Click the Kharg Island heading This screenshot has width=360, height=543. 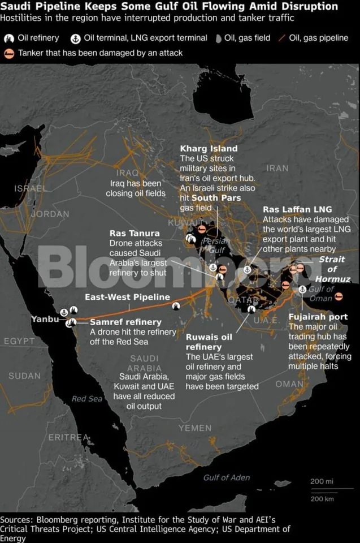coord(209,148)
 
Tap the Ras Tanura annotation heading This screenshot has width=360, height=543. coord(135,233)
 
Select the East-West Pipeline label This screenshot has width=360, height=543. coord(127,297)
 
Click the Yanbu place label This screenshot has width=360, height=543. coord(45,320)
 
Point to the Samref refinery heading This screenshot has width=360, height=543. coord(118,322)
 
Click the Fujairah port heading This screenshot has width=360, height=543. coord(318,317)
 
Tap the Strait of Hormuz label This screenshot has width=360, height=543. coord(333,269)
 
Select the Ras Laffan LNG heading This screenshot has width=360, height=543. coord(297,209)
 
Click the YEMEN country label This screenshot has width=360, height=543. coord(195,428)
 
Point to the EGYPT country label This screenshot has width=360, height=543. coord(19,341)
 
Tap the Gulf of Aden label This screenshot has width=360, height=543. coord(227,477)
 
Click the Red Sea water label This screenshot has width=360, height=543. coord(87,399)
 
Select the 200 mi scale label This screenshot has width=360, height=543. coord(322,481)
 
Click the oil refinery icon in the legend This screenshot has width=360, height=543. coord(8,39)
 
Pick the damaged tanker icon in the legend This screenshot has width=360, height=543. coord(9,53)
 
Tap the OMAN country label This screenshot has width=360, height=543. coord(289,384)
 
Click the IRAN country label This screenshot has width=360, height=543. coord(277,168)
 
